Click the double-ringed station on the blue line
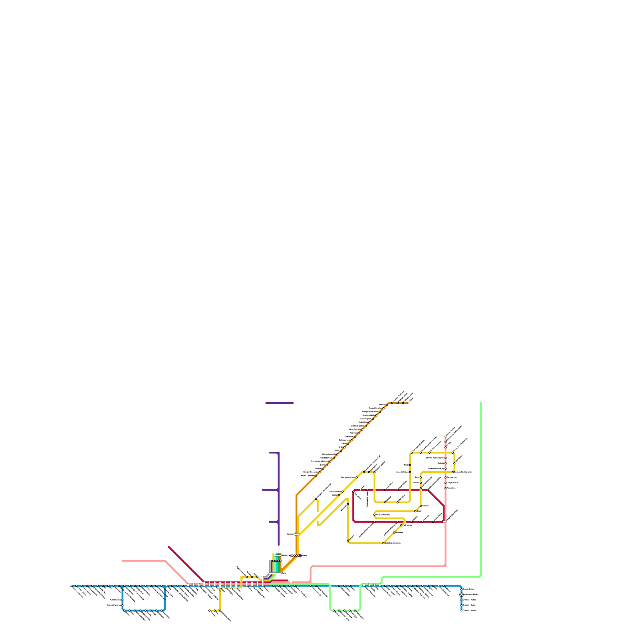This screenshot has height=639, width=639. (x=461, y=594)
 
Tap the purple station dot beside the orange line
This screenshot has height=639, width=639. (x=300, y=555)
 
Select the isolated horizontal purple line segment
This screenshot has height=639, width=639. (x=280, y=403)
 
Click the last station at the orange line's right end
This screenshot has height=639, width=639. (x=408, y=403)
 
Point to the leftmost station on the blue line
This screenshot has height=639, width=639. (x=71, y=586)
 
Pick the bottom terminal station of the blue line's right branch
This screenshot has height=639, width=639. (x=461, y=610)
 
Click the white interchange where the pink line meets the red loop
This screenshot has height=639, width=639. (x=445, y=522)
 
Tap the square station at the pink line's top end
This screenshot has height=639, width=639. (x=445, y=437)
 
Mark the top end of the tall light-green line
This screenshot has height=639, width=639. (x=481, y=403)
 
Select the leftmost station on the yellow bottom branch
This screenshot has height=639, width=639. (x=209, y=610)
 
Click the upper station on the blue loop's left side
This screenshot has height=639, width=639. (x=123, y=600)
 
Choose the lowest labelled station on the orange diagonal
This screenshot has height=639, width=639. (x=316, y=476)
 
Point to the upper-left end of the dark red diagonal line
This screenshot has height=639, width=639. (x=169, y=546)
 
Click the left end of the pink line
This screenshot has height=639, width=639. (x=123, y=561)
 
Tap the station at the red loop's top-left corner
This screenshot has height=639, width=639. (x=353, y=492)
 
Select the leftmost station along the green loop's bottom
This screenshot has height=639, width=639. (x=334, y=610)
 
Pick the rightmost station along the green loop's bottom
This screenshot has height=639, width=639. (x=355, y=610)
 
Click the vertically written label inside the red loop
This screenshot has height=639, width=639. (x=367, y=498)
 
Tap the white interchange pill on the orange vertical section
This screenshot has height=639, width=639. (x=296, y=534)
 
